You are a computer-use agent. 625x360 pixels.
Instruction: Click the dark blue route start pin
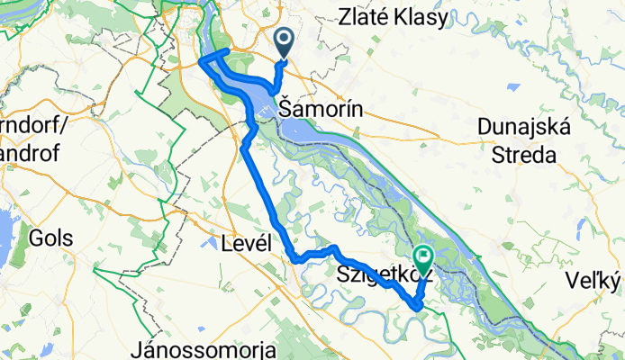coord(284,40)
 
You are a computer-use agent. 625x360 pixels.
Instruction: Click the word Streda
coord(523,155)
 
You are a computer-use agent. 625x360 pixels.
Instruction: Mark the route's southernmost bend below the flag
coord(416,307)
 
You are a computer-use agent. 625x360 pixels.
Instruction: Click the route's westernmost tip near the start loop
coord(200,62)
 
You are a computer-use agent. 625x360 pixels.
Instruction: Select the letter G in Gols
coord(36,239)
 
